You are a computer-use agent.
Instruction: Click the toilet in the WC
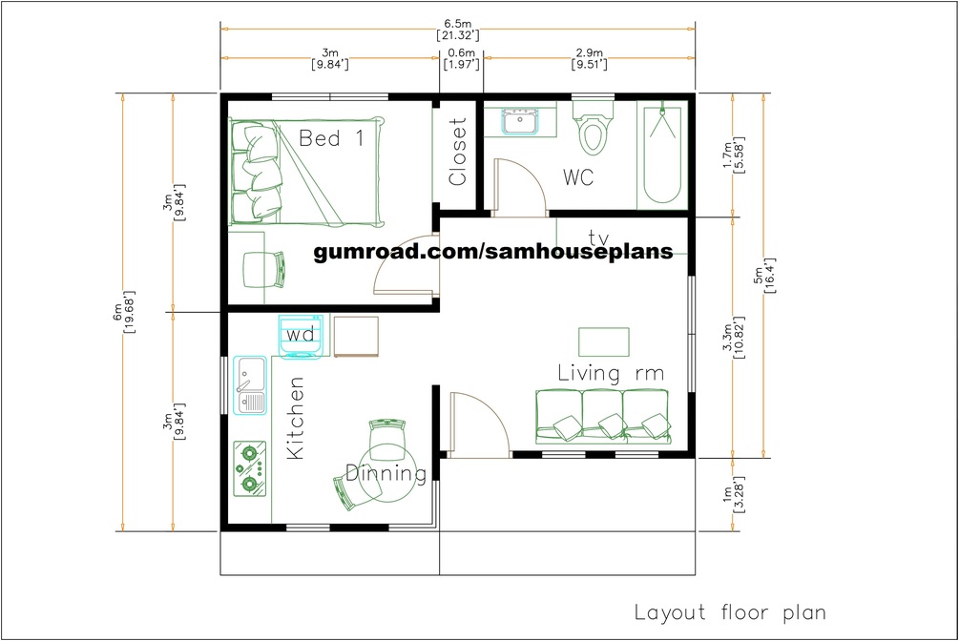click(x=593, y=127)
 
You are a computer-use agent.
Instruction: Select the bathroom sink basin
click(x=520, y=120)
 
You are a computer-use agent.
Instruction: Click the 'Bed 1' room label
click(x=331, y=138)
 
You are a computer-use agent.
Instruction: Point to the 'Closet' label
click(x=457, y=152)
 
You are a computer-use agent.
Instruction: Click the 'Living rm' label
click(x=611, y=373)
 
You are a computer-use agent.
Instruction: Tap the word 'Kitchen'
click(x=296, y=418)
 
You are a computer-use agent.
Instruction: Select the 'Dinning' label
click(x=386, y=473)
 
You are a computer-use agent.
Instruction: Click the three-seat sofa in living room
click(x=603, y=416)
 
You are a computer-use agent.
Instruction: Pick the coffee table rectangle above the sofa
click(x=604, y=341)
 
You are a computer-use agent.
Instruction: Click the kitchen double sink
click(x=251, y=385)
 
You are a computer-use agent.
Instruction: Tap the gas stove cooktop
click(x=250, y=468)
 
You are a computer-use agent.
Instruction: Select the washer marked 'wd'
click(x=301, y=336)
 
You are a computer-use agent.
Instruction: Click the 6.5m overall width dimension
click(x=457, y=30)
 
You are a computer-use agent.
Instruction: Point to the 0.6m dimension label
click(x=461, y=59)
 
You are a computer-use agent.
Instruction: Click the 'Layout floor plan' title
click(x=730, y=612)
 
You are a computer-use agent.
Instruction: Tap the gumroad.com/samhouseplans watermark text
click(x=493, y=251)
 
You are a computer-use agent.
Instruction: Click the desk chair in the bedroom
click(x=265, y=270)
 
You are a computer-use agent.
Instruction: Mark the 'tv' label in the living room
click(x=598, y=237)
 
